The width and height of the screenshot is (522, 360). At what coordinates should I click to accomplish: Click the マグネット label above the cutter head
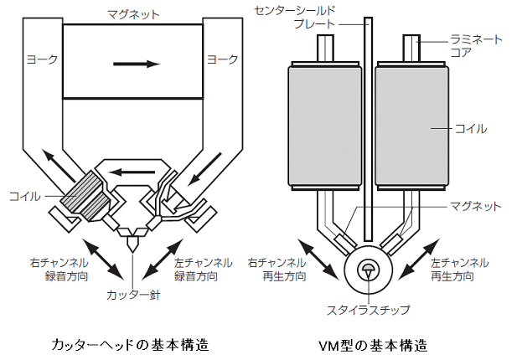134,14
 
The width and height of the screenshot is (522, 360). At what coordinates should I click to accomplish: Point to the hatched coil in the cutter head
87,194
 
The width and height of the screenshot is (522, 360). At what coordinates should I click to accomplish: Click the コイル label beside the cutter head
24,196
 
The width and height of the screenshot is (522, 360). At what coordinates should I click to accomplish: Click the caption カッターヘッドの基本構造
129,344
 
